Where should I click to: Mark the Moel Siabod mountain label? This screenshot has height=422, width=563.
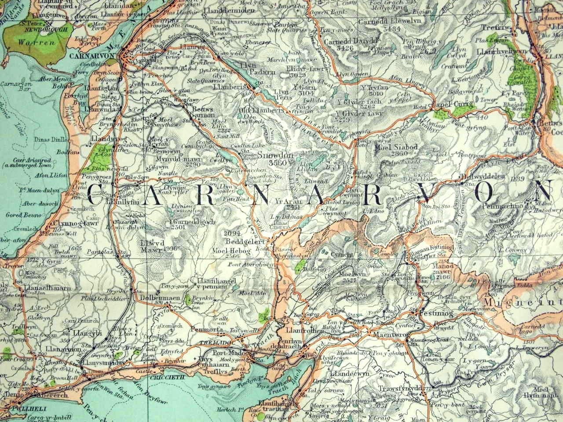393,147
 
